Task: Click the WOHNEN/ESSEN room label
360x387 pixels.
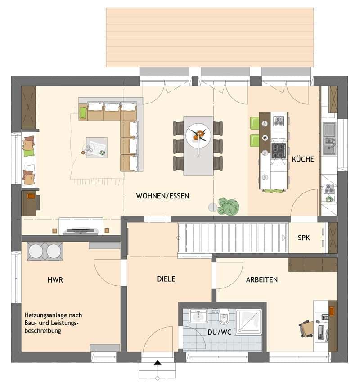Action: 162,196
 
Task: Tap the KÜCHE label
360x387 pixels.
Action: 303,159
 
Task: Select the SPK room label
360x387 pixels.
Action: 303,238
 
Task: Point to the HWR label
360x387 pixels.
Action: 55,280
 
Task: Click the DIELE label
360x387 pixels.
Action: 166,279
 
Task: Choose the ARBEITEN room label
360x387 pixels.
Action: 262,279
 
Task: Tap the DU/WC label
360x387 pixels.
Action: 220,332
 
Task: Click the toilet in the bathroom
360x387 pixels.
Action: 224,317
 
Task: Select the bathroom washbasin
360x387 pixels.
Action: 198,315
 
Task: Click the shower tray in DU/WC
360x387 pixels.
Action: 249,322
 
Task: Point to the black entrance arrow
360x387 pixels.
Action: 157,363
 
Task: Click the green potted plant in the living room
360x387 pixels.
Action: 228,206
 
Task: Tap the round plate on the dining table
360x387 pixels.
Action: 198,135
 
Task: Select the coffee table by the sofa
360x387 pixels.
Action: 96,148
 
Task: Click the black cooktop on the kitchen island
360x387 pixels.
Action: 279,151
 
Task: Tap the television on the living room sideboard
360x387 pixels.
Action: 81,231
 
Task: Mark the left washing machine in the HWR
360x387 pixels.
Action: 36,251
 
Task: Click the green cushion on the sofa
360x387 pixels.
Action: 83,113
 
